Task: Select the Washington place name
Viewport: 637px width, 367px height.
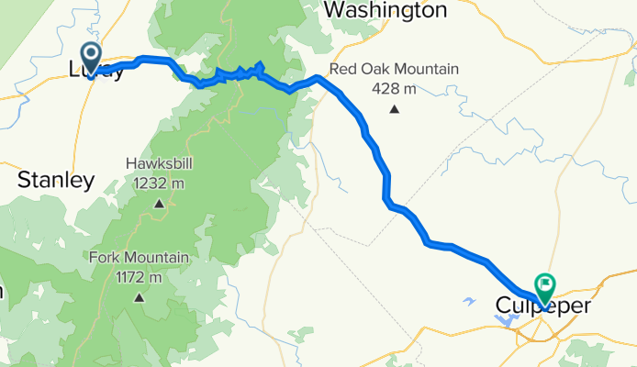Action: tap(386, 11)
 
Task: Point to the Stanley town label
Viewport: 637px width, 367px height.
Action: tap(56, 180)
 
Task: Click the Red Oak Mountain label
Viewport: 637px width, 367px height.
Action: tap(394, 70)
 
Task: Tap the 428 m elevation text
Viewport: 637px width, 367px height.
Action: tap(395, 89)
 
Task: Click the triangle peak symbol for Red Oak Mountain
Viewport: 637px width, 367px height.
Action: tap(395, 109)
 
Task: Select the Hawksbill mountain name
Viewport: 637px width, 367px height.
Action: tap(160, 165)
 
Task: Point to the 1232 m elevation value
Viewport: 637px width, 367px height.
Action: tap(160, 183)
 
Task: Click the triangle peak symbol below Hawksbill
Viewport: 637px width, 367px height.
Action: tap(160, 204)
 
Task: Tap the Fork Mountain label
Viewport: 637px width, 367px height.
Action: tap(139, 258)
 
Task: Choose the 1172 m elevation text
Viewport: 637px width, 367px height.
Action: tap(139, 276)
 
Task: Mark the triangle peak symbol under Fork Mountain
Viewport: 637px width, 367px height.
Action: tap(140, 296)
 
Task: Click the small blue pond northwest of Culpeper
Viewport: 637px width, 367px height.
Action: tap(470, 301)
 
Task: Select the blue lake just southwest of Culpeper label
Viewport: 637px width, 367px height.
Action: tap(507, 320)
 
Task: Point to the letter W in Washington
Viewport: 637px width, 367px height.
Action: tap(336, 11)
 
